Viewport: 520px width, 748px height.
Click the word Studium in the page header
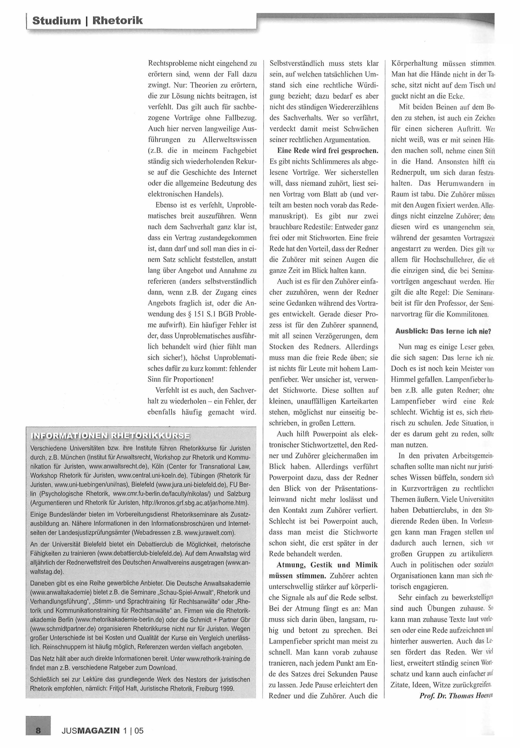coord(57,21)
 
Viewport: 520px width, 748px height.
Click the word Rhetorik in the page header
coord(118,21)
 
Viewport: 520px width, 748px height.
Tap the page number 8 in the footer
coord(38,730)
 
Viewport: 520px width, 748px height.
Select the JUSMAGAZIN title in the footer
coord(91,730)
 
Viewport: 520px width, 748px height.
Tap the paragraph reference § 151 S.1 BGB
coord(207,314)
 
